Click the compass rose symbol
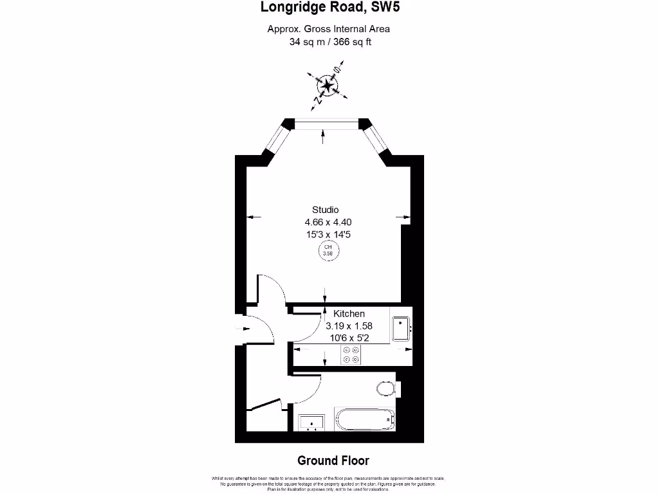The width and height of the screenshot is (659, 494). (x=327, y=86)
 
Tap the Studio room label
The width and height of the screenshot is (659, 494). (x=325, y=210)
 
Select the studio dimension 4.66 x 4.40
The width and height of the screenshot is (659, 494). (x=328, y=223)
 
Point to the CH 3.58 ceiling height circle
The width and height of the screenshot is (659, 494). (x=328, y=250)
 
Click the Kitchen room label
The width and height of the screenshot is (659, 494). (x=349, y=314)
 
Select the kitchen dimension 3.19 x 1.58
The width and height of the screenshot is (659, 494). (x=349, y=326)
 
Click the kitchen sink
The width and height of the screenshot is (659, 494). (x=402, y=329)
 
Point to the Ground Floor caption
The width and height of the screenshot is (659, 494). (x=333, y=461)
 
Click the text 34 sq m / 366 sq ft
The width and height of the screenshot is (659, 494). (x=330, y=42)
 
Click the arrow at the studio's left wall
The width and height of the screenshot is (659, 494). (x=255, y=217)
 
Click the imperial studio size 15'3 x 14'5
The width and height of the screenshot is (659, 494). (x=328, y=235)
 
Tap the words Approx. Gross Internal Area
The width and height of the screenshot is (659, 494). (x=329, y=29)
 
